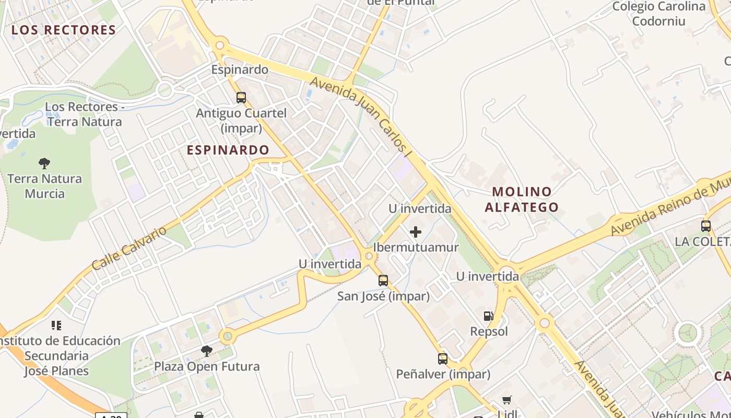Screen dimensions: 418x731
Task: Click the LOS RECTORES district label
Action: click(x=64, y=30)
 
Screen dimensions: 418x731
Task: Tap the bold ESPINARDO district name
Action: click(x=228, y=150)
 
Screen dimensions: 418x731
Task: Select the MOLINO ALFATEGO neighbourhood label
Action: click(x=522, y=199)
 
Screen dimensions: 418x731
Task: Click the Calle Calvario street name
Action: click(x=129, y=248)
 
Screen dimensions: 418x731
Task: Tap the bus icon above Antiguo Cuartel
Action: click(x=241, y=97)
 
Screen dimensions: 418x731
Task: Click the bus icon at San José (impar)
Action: click(x=383, y=281)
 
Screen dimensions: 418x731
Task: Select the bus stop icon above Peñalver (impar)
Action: click(x=443, y=359)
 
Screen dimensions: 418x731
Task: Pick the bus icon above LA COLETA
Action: click(x=706, y=226)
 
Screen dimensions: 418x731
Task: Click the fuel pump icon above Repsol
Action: click(x=489, y=316)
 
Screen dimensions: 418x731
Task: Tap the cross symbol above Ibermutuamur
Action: click(x=416, y=231)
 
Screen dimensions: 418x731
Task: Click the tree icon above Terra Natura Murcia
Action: click(x=44, y=163)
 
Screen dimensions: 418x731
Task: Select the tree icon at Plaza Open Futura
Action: click(x=207, y=351)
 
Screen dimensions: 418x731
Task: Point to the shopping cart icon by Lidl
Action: click(x=506, y=400)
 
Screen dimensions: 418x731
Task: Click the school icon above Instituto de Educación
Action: click(x=56, y=326)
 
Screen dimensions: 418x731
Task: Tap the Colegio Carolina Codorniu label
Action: click(x=659, y=14)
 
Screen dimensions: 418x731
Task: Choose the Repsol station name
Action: click(x=489, y=331)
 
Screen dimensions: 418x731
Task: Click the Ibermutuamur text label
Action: click(x=416, y=247)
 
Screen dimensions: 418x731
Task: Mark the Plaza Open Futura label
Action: click(x=207, y=366)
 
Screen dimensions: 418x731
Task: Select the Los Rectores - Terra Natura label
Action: click(x=84, y=114)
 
